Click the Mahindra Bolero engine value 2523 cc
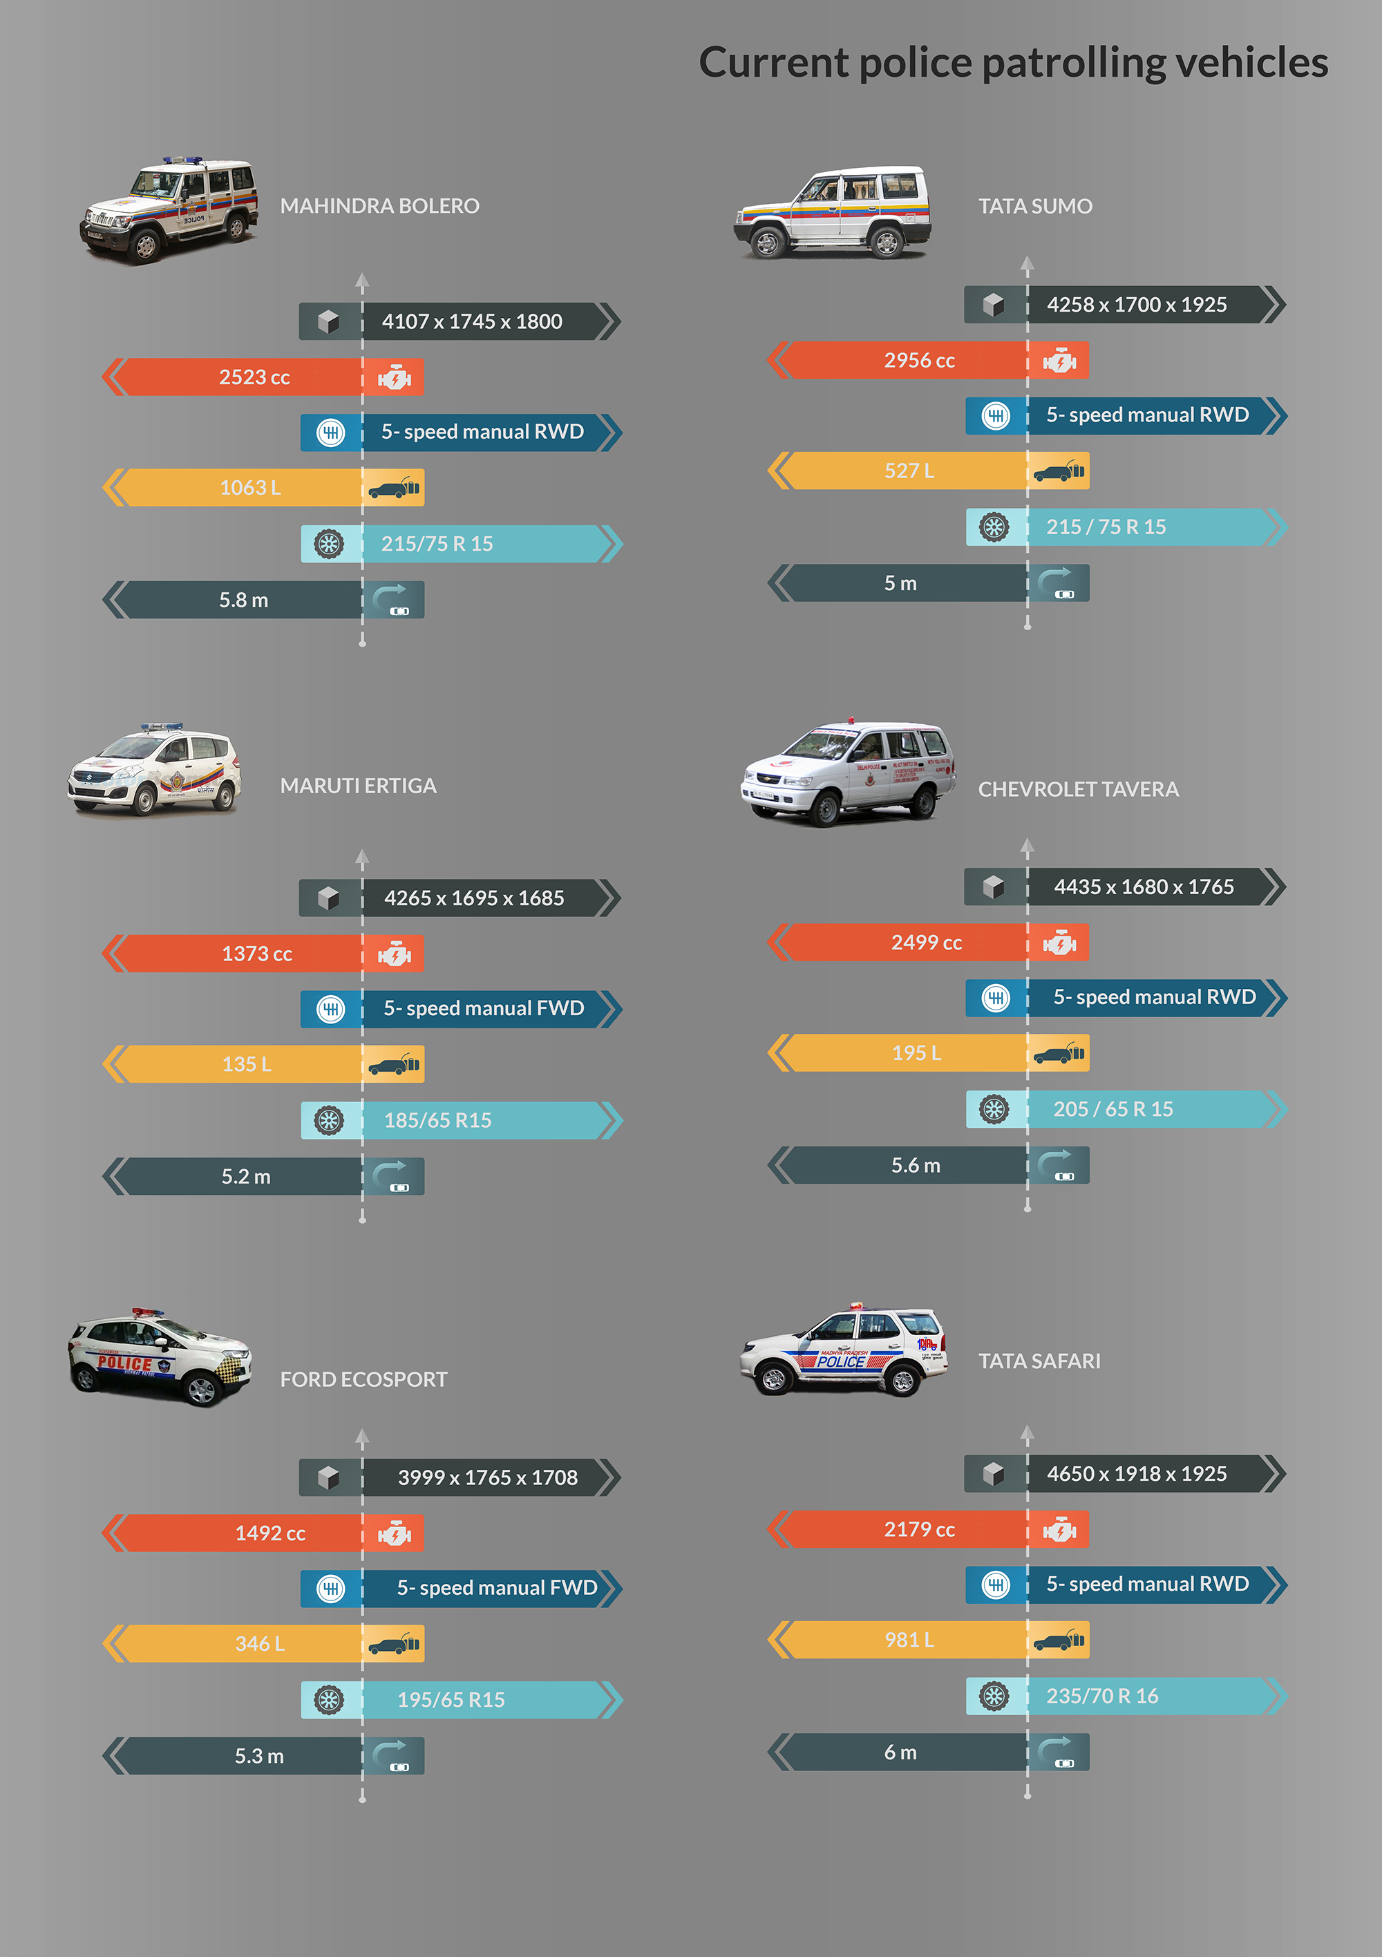[254, 377]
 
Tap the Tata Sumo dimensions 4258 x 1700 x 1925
[1137, 304]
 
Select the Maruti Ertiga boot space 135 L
[247, 1063]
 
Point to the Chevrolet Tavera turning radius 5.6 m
[916, 1165]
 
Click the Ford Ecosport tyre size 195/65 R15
[451, 1699]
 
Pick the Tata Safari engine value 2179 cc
[919, 1529]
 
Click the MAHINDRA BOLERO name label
[379, 206]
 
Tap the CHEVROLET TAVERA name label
[1078, 789]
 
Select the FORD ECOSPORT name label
[363, 1379]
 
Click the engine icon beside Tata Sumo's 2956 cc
[1060, 361]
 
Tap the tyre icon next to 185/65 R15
[329, 1120]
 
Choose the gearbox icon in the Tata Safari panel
[995, 1584]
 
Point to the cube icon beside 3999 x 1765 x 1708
[328, 1477]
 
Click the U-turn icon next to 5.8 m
[394, 599]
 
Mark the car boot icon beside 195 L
[1059, 1054]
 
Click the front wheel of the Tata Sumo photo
[767, 244]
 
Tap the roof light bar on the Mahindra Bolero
[182, 160]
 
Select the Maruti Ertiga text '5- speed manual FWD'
[484, 1008]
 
